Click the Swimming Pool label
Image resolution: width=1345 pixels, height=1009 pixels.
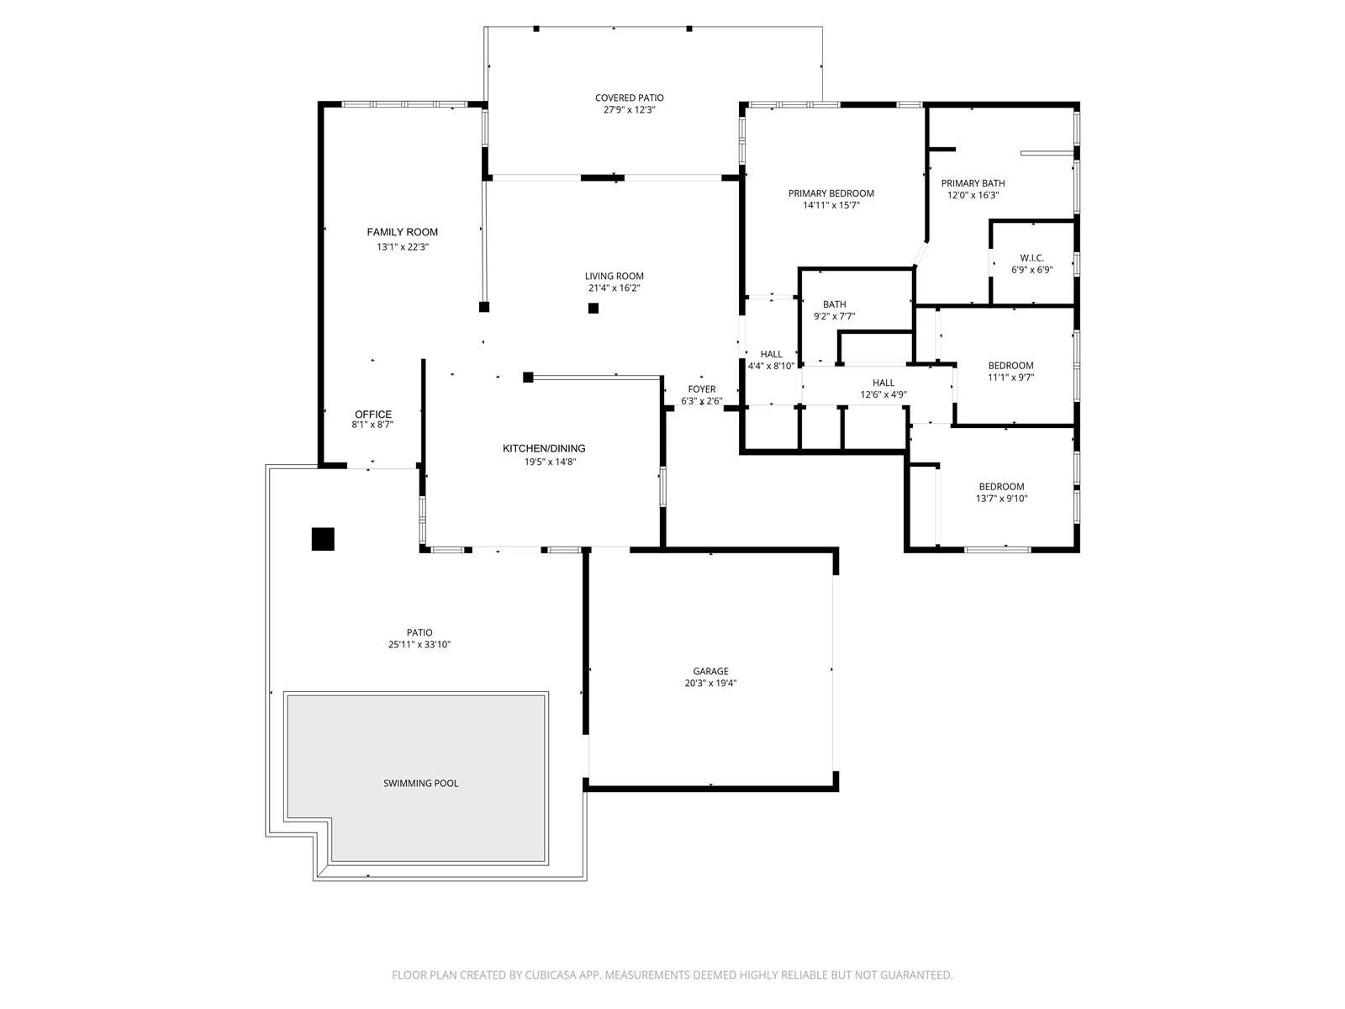[x=420, y=783]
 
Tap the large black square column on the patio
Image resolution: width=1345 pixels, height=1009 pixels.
[x=323, y=539]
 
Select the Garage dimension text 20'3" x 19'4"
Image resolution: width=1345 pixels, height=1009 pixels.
[x=710, y=683]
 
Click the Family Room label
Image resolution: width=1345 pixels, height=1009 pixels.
[x=402, y=232]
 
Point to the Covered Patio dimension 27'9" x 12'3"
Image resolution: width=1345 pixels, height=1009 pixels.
[x=629, y=109]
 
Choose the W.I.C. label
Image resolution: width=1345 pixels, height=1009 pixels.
[x=1032, y=258]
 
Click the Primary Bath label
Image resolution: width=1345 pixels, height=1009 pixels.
[x=973, y=183]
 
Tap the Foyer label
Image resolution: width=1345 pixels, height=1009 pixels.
[x=702, y=389]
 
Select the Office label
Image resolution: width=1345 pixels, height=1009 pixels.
[x=372, y=415]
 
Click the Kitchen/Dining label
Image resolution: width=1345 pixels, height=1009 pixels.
[x=544, y=448]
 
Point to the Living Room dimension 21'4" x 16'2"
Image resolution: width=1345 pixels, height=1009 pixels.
[x=614, y=288]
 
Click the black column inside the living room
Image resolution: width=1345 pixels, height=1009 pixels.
[x=593, y=308]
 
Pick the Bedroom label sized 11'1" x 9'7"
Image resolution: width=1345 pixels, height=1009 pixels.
[x=1010, y=366]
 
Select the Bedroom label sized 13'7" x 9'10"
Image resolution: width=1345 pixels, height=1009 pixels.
[x=1001, y=487]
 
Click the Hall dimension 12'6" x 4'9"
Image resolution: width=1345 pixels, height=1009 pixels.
[x=883, y=394]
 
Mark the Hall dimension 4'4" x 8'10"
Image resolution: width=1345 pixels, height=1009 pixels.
[x=771, y=367]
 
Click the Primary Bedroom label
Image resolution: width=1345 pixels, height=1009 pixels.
[x=831, y=193]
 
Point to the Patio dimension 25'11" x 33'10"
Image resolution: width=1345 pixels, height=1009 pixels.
[x=419, y=644]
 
